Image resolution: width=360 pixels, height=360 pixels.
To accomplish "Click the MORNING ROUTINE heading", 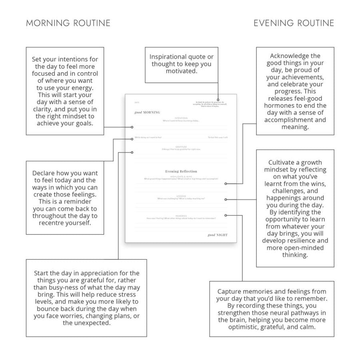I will pyautogui.click(x=68, y=23).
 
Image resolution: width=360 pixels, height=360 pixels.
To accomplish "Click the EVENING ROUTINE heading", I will pyautogui.click(x=294, y=23).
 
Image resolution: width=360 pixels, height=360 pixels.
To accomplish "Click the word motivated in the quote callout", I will pyautogui.click(x=182, y=71).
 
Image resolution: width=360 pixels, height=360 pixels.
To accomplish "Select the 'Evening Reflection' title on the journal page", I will pyautogui.click(x=181, y=171).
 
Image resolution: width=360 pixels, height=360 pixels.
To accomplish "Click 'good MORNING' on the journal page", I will pyautogui.click(x=147, y=113).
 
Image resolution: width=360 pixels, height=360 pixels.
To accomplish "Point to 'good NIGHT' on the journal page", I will pyautogui.click(x=218, y=235).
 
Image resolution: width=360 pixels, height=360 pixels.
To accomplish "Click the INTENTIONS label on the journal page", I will pyautogui.click(x=181, y=118).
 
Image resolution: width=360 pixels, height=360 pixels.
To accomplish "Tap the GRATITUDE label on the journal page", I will pyautogui.click(x=181, y=147).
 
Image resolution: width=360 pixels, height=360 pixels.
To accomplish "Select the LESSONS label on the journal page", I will pyautogui.click(x=181, y=196).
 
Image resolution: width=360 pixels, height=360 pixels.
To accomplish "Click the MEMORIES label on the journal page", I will pyautogui.click(x=181, y=216).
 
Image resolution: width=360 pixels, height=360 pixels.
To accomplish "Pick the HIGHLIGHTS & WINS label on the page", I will pyautogui.click(x=181, y=176).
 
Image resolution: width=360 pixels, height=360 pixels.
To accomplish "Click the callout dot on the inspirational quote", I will pyautogui.click(x=218, y=99).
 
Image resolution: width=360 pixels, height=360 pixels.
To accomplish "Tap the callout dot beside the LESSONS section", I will pyautogui.click(x=226, y=199).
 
